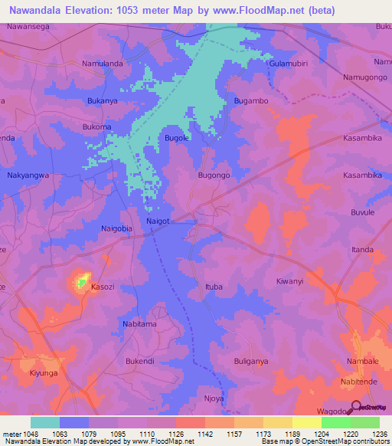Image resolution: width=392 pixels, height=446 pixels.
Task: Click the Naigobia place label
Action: [117, 228]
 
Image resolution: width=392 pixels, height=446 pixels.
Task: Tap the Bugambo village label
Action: [250, 101]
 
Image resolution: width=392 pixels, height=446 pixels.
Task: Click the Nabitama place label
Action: [139, 324]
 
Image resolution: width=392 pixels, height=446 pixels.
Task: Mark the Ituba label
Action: [214, 287]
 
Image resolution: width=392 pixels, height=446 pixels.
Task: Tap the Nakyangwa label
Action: [28, 175]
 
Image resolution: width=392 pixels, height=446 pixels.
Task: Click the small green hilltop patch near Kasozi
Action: [81, 283]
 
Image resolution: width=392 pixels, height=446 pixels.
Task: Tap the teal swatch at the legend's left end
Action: [44, 422]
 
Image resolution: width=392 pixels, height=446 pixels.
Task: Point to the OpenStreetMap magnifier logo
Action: [356, 407]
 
